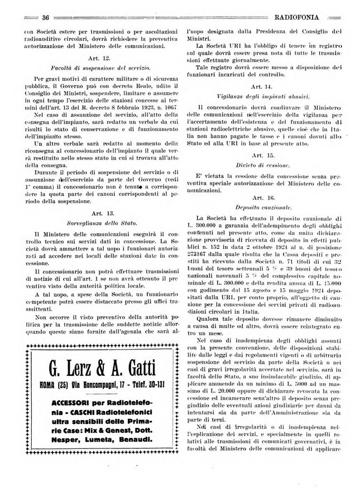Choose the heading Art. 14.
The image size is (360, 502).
click(x=261, y=87)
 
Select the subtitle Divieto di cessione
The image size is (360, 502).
click(x=261, y=165)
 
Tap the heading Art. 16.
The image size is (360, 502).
click(x=261, y=197)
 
